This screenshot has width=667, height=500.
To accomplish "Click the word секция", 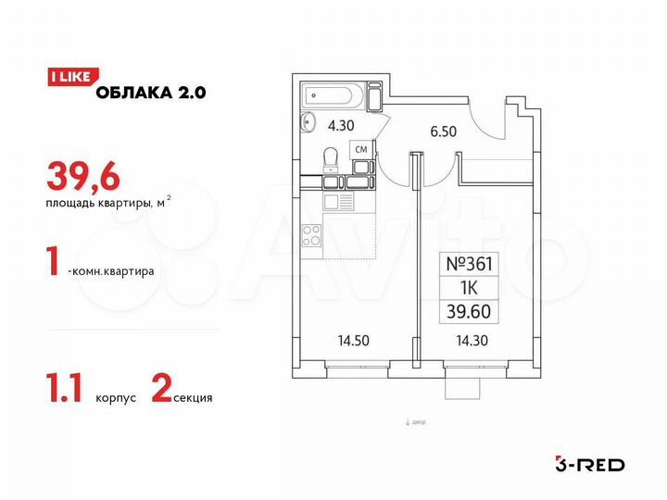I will [x=192, y=399].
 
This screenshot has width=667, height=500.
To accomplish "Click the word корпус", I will [x=116, y=399].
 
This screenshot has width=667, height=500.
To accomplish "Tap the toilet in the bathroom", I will [x=330, y=162].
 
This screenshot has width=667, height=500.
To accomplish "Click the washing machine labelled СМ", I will [x=362, y=150].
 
